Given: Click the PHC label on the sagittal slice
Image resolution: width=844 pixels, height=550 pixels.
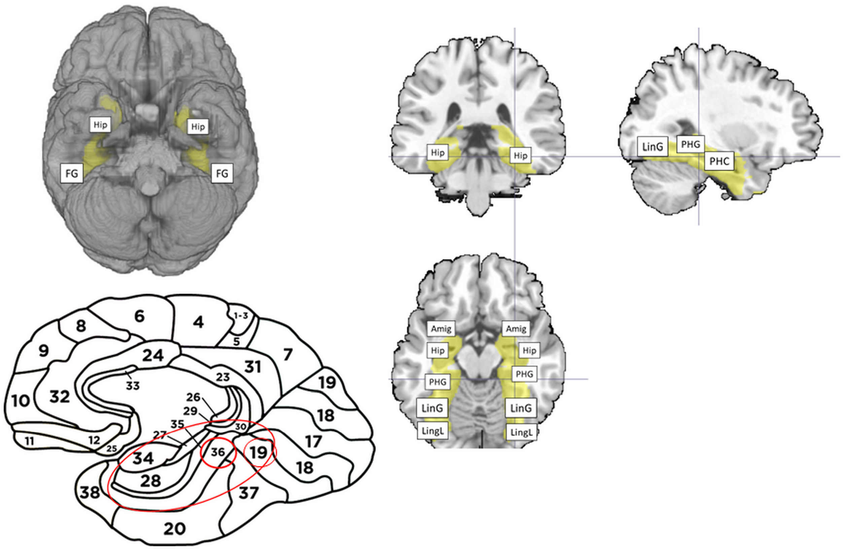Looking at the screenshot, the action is pyautogui.click(x=719, y=161).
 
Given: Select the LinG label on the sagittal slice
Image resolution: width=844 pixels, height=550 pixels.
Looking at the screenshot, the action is pyautogui.click(x=653, y=146).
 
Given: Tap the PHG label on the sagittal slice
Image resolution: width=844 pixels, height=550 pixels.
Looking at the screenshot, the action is pyautogui.click(x=691, y=144).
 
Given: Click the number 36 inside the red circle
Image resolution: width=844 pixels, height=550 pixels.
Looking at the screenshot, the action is pyautogui.click(x=218, y=452).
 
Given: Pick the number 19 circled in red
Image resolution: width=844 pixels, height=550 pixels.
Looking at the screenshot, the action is pyautogui.click(x=258, y=452).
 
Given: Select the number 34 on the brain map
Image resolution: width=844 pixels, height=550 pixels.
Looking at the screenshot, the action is pyautogui.click(x=143, y=459).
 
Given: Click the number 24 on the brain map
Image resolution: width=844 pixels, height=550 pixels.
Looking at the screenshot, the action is pyautogui.click(x=153, y=356).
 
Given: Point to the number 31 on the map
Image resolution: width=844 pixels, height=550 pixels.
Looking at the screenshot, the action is pyautogui.click(x=252, y=367).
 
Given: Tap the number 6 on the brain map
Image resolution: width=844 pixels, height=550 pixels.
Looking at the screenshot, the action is pyautogui.click(x=139, y=316).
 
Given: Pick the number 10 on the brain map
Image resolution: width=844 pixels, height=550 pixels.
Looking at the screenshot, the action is pyautogui.click(x=20, y=401).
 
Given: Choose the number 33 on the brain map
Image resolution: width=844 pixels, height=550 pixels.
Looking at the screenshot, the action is pyautogui.click(x=133, y=386).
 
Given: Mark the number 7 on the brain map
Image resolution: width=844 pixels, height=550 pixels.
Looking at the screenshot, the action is pyautogui.click(x=288, y=354).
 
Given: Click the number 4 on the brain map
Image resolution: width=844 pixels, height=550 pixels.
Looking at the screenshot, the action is pyautogui.click(x=198, y=322).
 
